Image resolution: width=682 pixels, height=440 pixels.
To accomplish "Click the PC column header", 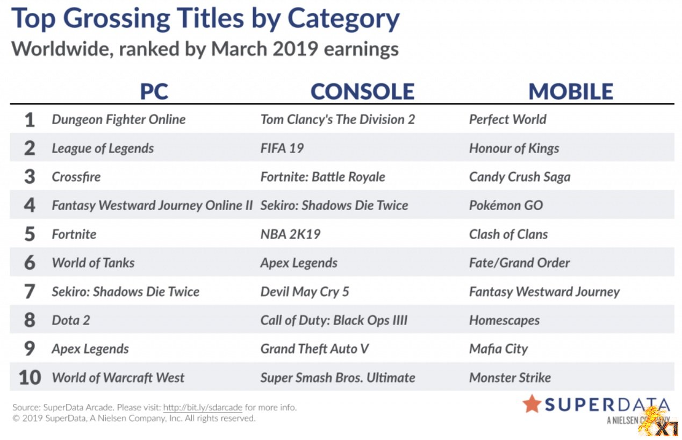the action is click(x=154, y=91).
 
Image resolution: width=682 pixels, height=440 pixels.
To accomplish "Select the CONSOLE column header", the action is click(x=363, y=91).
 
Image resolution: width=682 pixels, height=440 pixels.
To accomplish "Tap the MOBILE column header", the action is click(x=571, y=91).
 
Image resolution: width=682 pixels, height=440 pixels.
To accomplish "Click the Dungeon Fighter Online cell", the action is click(x=119, y=120).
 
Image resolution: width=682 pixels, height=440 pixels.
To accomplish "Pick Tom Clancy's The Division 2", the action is click(x=338, y=119).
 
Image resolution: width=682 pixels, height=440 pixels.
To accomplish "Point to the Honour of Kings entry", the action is click(x=514, y=148).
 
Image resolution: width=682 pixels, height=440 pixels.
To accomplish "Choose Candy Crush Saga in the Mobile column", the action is click(x=520, y=177).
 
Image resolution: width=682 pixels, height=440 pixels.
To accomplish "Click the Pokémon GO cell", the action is click(x=506, y=205).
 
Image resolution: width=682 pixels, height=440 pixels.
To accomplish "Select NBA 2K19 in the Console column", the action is click(x=290, y=234).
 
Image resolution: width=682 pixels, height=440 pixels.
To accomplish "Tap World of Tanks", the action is click(x=93, y=263).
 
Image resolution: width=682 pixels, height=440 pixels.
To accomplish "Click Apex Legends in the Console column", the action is click(x=299, y=263).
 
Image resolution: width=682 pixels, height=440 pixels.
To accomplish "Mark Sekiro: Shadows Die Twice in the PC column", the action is click(x=126, y=292).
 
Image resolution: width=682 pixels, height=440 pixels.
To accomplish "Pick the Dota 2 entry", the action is click(x=71, y=320).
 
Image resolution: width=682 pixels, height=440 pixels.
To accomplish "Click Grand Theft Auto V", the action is click(x=314, y=349).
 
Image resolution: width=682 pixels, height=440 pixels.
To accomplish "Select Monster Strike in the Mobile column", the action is click(x=510, y=378).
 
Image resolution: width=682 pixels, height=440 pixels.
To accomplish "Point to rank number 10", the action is click(x=30, y=378).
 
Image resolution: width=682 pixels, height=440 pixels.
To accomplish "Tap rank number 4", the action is click(x=30, y=205).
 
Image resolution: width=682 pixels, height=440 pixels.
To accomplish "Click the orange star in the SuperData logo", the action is click(x=532, y=404).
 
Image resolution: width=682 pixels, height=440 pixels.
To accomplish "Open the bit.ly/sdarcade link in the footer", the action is click(x=203, y=407).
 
